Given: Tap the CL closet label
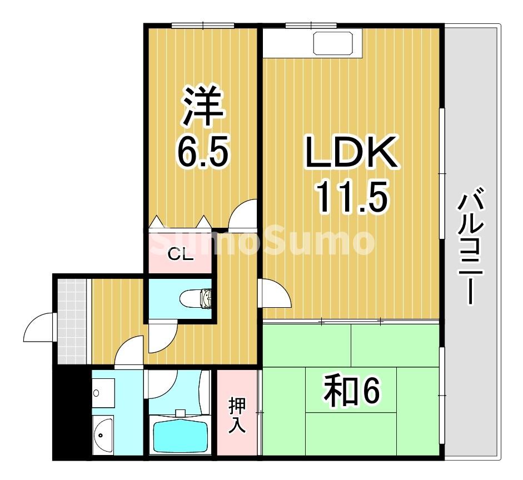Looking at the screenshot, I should [180, 255].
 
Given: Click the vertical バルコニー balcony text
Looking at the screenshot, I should [470, 247].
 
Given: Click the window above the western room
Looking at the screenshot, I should [202, 25].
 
